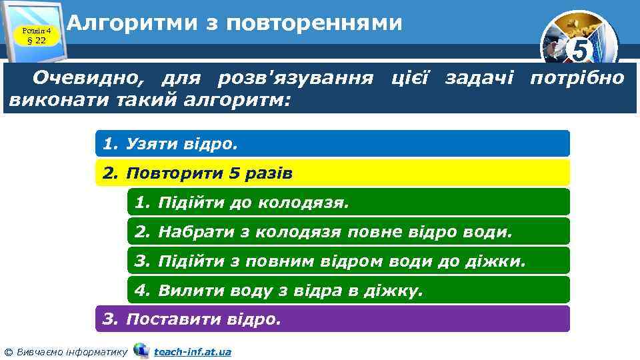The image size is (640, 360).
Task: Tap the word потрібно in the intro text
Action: pyautogui.click(x=577, y=79)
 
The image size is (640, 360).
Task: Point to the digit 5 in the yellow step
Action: pyautogui.click(x=233, y=173)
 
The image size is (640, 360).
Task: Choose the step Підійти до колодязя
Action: pyautogui.click(x=348, y=202)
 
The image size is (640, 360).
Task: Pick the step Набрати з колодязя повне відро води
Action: pyautogui.click(x=348, y=231)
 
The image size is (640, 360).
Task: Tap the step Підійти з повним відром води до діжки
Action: pyautogui.click(x=348, y=261)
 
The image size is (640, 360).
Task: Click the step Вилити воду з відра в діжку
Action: pyautogui.click(x=348, y=290)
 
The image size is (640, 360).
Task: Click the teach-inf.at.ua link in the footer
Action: pyautogui.click(x=193, y=351)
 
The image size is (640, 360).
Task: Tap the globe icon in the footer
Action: pyautogui.click(x=141, y=350)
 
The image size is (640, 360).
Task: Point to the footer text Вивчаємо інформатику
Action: pyautogui.click(x=70, y=351)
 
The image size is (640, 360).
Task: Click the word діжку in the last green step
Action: pyautogui.click(x=398, y=291)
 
